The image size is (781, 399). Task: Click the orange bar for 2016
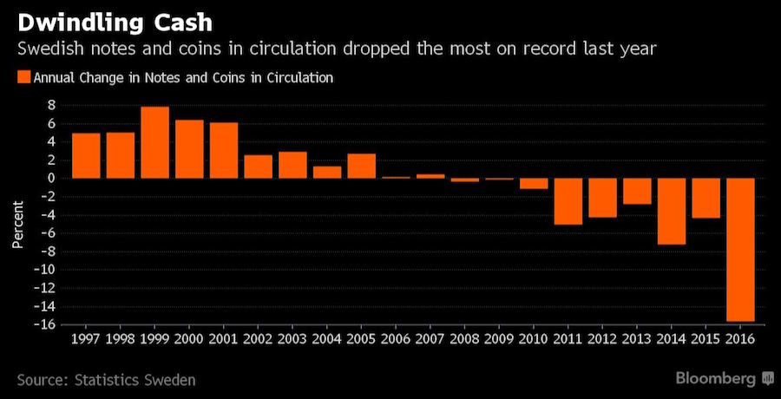740,249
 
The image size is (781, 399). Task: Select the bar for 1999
154,142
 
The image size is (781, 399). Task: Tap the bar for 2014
671,211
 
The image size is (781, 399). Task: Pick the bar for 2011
568,201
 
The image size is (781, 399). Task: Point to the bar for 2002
258,167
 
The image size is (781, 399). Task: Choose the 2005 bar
361,166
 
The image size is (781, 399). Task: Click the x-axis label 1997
86,337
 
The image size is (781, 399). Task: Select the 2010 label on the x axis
534,337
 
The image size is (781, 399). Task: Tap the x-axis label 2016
740,337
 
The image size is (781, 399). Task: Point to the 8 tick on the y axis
52,105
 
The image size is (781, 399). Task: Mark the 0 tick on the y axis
52,178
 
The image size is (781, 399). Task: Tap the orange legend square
23,78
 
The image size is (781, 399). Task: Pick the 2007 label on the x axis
430,337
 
